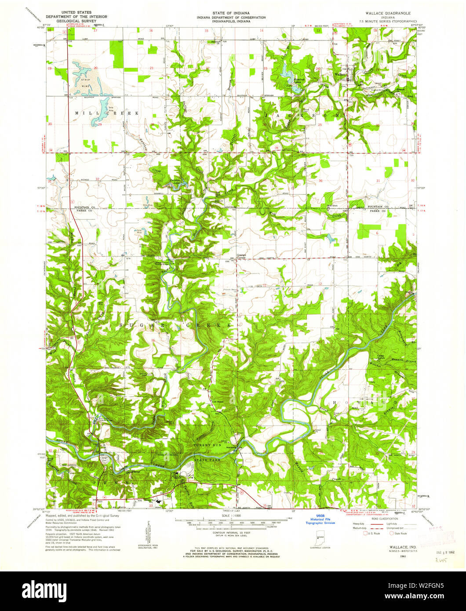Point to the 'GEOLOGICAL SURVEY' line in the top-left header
click(x=73, y=21)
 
